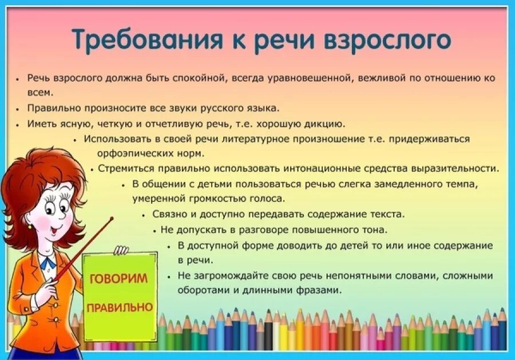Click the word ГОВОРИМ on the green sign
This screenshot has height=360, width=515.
pyautogui.click(x=118, y=279)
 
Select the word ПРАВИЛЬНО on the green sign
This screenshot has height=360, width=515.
pyautogui.click(x=120, y=307)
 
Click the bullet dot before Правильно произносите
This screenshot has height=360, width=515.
pyautogui.click(x=18, y=108)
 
